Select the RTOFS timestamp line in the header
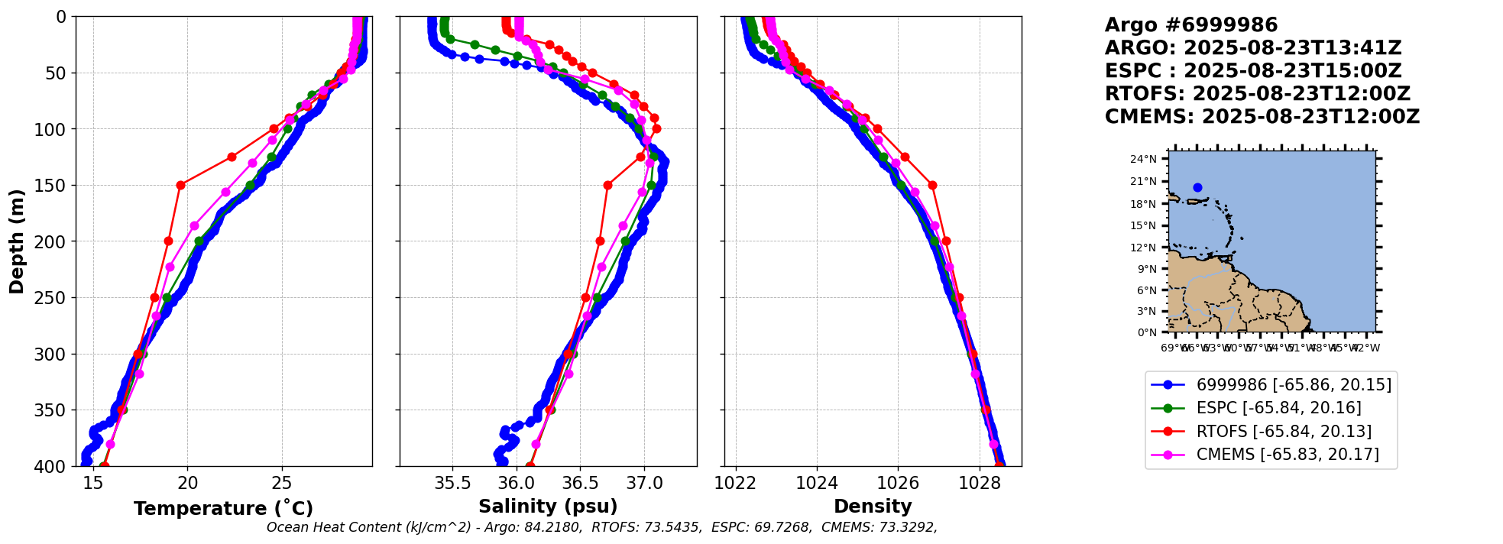[1257, 94]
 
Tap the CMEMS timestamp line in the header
[1262, 117]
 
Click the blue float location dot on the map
[1197, 187]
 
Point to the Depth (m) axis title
[17, 241]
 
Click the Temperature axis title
[223, 509]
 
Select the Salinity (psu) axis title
[548, 507]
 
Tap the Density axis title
[873, 507]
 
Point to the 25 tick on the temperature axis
[282, 483]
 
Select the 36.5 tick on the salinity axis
[580, 483]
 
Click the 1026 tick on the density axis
[898, 483]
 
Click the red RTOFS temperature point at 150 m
[180, 185]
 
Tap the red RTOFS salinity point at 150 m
[607, 185]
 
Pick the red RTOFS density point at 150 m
[932, 185]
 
